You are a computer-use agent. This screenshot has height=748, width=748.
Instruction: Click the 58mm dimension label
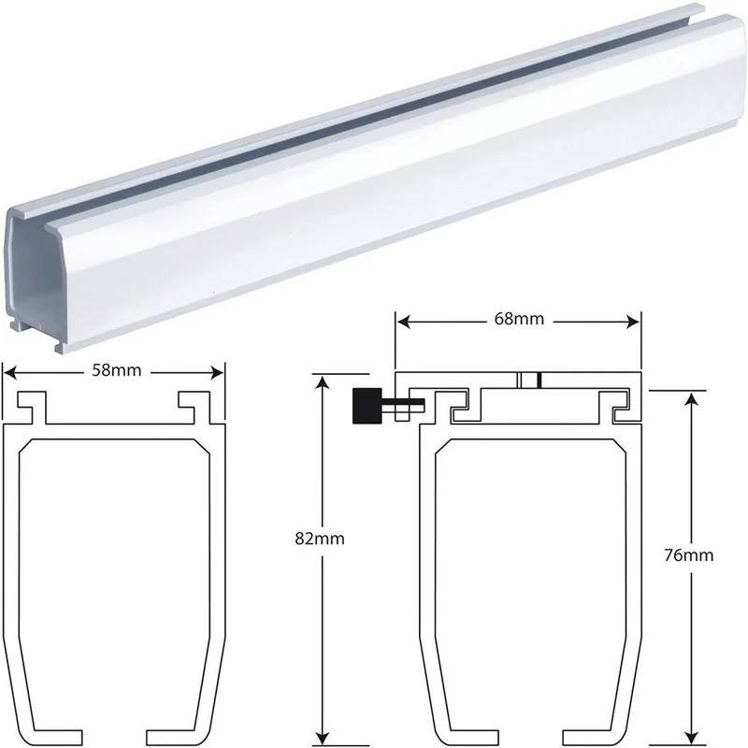117,370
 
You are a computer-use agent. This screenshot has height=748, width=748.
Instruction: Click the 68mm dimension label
519,319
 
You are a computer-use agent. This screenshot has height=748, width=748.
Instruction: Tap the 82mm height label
320,539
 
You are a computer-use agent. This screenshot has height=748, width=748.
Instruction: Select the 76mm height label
689,554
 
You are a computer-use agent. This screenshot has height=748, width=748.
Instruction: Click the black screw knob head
367,406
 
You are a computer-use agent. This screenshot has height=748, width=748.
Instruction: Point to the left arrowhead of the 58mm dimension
9,372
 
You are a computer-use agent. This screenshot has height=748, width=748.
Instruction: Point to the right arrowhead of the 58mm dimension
218,372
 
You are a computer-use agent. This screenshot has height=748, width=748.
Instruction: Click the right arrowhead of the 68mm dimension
633,322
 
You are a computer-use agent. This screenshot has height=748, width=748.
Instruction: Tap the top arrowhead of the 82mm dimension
323,383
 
